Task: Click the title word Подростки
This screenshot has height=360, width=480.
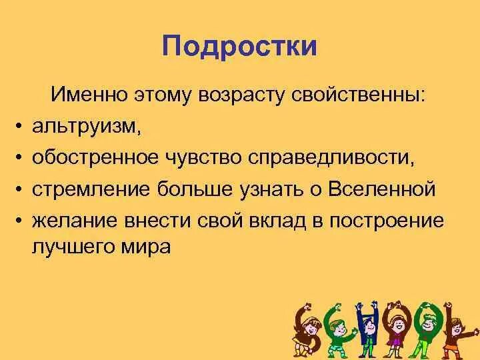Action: (240, 47)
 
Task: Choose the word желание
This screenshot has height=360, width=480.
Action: (69, 220)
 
